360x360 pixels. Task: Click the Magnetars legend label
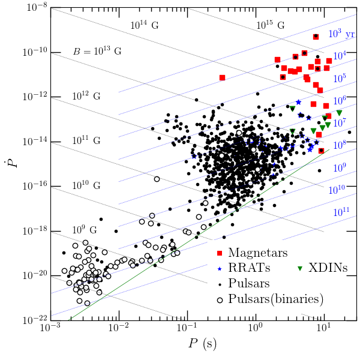coord(258,253)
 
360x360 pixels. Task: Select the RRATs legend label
coord(249,268)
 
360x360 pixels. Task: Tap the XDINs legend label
coord(328,268)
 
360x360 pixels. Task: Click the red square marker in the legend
coord(220,253)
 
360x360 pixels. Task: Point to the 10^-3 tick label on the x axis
coord(50,330)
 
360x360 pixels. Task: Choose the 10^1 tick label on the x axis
coord(325,330)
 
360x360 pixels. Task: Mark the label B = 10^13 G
coord(97,51)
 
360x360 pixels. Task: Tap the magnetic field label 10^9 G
coord(85,230)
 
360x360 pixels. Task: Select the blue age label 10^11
coord(342,211)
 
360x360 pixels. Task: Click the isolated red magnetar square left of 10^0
coord(222,77)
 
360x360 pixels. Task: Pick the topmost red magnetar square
coord(316,37)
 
